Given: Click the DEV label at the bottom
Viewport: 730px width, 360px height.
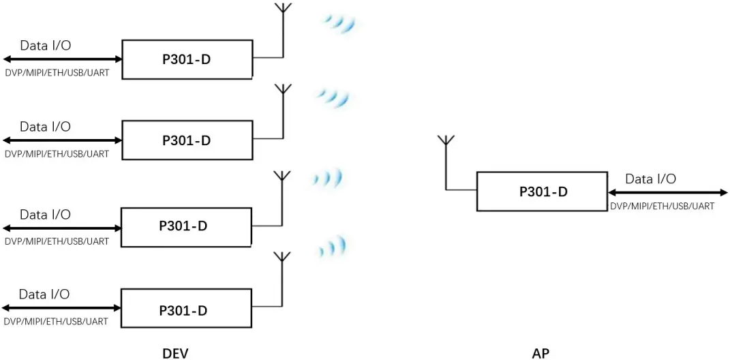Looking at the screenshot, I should [x=175, y=352].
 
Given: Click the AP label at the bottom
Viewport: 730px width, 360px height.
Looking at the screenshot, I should [x=540, y=352].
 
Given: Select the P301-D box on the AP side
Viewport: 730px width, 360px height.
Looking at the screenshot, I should [x=542, y=192].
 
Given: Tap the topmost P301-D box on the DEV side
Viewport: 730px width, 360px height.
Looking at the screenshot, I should [x=187, y=59].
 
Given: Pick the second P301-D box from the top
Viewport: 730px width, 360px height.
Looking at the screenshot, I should [x=187, y=140].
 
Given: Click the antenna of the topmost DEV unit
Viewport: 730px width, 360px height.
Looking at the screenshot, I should [x=282, y=12].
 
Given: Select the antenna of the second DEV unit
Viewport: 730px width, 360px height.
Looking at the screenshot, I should [x=283, y=92].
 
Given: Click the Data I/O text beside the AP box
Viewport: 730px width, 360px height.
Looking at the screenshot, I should [x=650, y=179].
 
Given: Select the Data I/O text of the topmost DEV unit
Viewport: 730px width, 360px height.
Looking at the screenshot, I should [x=45, y=46].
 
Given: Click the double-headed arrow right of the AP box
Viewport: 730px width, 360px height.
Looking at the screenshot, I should [x=667, y=193].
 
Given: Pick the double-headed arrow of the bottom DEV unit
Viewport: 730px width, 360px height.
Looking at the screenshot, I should [x=61, y=308].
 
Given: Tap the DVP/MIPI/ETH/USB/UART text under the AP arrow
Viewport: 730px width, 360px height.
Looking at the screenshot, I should [x=662, y=206].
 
